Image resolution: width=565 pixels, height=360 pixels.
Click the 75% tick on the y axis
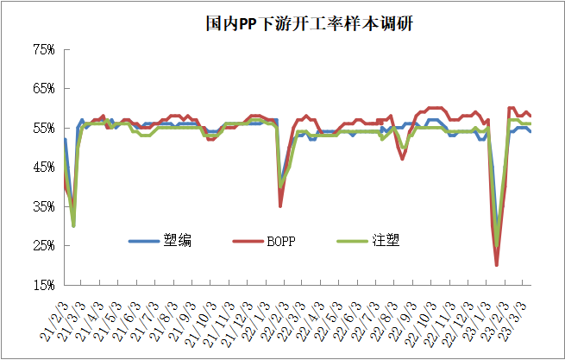[42, 50]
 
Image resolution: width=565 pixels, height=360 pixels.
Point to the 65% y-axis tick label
[42, 89]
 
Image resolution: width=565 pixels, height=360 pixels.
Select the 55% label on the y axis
[42, 129]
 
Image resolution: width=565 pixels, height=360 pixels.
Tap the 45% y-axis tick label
[42, 167]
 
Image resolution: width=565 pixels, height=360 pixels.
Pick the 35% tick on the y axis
[42, 207]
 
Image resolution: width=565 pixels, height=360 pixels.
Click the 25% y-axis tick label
[42, 246]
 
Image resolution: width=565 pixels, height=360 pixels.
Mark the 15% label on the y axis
[42, 285]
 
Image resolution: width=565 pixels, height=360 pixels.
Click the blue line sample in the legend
[148, 241]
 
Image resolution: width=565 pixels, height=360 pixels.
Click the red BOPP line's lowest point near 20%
[497, 265]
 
